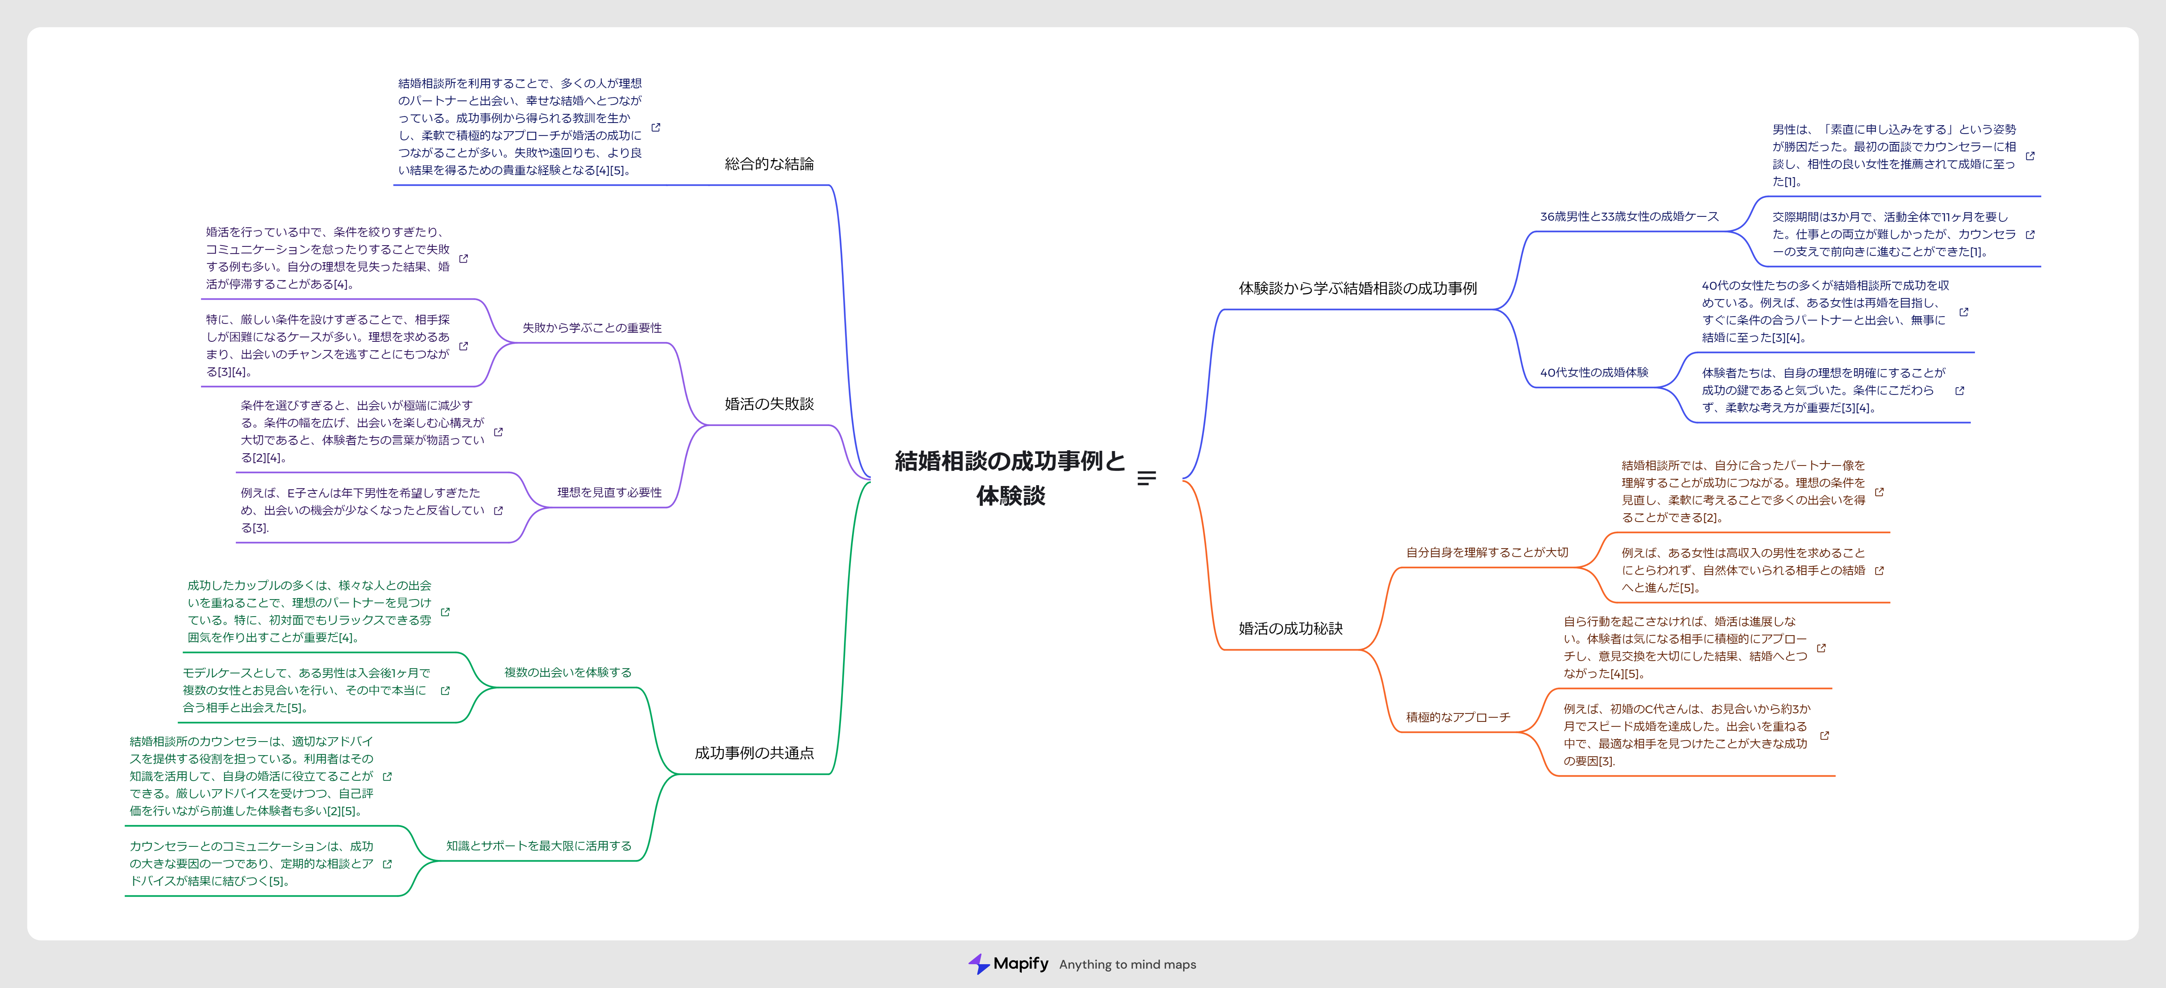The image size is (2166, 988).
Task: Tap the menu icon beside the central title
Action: coord(1146,478)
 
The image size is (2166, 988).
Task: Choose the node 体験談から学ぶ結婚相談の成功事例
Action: coord(1357,289)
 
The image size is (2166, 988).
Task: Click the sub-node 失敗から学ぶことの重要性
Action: coord(592,328)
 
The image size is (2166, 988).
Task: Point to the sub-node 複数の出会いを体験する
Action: coord(567,673)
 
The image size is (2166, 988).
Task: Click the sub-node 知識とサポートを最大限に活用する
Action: coord(538,846)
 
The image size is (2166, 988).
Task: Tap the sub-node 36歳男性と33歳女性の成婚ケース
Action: coord(1629,216)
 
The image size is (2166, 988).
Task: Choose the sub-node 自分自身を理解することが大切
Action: coord(1487,552)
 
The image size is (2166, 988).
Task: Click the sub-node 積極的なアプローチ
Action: coord(1458,717)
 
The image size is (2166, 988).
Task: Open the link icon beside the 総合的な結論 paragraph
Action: coord(656,127)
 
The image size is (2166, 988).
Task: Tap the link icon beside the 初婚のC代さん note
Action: coord(1824,736)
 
